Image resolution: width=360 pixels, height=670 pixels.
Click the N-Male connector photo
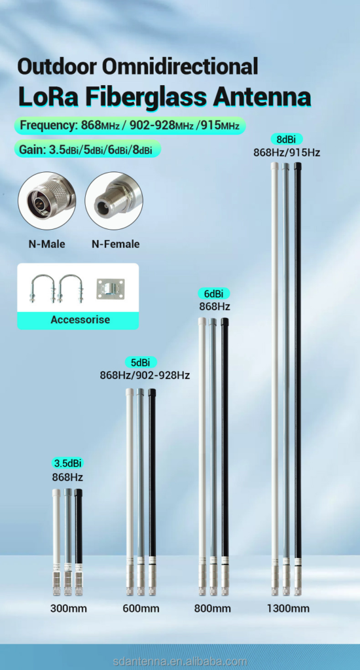coord(47,201)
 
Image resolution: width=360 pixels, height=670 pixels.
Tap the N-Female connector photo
coord(114,201)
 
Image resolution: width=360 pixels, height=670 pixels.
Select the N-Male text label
coord(47,245)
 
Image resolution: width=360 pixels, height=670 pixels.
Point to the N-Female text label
coord(115,245)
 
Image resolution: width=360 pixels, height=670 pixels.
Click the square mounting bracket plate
coord(111,289)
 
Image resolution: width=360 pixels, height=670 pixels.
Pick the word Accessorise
coord(80,319)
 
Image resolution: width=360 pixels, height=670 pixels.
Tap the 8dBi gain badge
coord(287,139)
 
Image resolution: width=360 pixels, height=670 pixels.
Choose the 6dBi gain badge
coord(214,294)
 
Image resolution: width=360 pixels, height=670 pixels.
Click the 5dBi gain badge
coord(141,362)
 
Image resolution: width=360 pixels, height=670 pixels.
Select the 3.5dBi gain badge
coord(67,463)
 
